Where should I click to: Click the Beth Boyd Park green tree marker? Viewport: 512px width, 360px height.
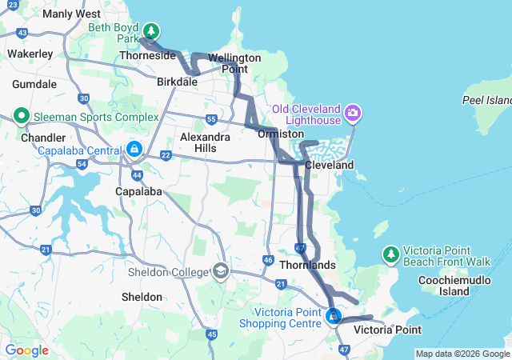pos(150,32)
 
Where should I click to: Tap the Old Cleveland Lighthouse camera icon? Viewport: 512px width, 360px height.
pos(353,114)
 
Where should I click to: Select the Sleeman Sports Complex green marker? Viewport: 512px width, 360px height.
pos(21,116)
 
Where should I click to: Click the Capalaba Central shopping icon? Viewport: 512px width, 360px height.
pos(134,150)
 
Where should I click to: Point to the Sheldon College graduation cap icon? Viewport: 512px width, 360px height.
pos(219,271)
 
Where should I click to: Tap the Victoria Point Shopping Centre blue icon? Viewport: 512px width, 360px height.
pos(333,318)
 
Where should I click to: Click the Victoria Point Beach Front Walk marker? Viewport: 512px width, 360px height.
pos(390,254)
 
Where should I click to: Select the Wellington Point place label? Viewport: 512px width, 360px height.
pos(234,63)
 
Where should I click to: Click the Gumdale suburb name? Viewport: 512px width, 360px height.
pos(34,84)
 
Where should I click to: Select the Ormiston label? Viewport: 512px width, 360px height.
pos(279,134)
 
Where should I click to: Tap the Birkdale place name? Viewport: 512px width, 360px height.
pos(177,82)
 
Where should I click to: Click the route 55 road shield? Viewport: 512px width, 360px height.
pos(211,119)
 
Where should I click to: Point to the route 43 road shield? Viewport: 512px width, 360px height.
pos(22,33)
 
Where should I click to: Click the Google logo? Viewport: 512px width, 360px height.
pos(26,350)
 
